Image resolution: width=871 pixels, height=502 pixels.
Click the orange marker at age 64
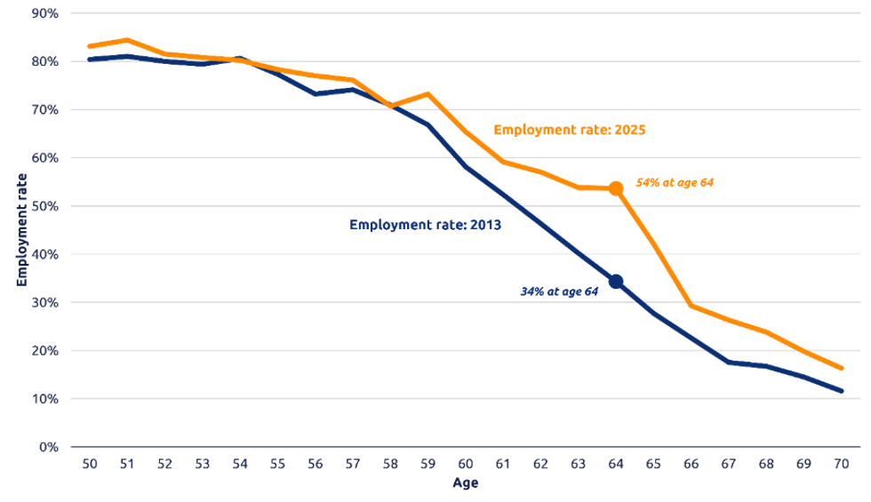[x=616, y=188]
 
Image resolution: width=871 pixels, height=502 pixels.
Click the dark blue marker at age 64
[x=616, y=282]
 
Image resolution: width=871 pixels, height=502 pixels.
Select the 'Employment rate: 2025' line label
[x=570, y=131]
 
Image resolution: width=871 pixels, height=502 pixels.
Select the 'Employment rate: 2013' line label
[x=426, y=226]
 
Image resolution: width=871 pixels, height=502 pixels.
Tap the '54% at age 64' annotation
[x=675, y=183]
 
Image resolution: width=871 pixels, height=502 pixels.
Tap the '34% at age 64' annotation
[x=560, y=291]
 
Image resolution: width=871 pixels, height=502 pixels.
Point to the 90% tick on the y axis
[x=44, y=13]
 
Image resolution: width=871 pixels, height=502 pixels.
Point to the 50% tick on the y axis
[x=44, y=206]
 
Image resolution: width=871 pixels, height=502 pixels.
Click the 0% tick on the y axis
[x=48, y=447]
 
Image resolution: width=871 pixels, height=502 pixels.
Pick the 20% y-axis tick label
[x=44, y=351]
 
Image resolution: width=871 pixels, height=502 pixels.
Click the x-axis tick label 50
[x=89, y=465]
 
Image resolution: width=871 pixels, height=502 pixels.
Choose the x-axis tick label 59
[x=428, y=465]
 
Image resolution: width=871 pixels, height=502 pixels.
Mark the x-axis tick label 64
[x=616, y=465]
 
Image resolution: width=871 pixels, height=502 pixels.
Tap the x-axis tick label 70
[x=842, y=465]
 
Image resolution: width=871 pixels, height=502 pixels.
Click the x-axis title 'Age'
[x=465, y=484]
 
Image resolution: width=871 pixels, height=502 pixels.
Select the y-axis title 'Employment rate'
[x=21, y=229]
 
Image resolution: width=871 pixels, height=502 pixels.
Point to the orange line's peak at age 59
[x=428, y=93]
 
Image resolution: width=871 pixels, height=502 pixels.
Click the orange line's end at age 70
[x=842, y=369]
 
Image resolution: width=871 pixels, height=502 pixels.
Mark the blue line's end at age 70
[x=842, y=391]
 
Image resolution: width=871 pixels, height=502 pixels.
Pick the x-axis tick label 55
[x=277, y=465]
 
